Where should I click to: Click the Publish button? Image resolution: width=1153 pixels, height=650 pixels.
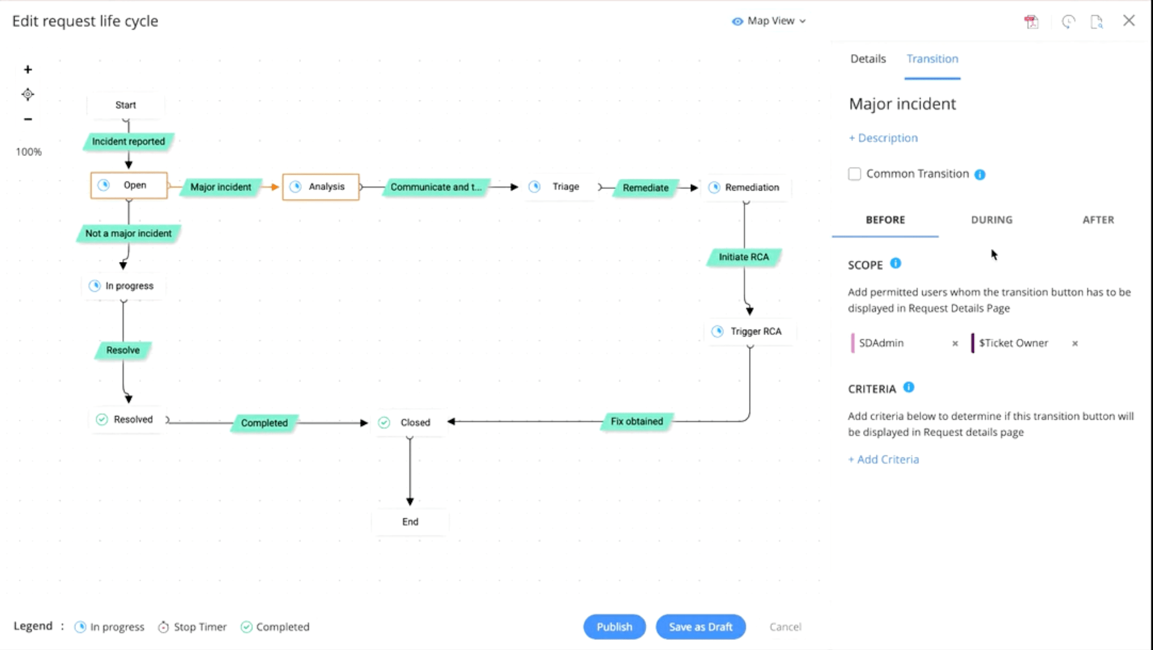click(614, 627)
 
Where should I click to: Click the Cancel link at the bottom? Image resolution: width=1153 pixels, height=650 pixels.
click(785, 627)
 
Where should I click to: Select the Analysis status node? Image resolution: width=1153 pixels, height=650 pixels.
click(321, 187)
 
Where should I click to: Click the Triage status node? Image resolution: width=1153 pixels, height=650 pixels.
click(559, 187)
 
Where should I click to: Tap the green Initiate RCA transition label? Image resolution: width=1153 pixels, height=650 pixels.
click(744, 257)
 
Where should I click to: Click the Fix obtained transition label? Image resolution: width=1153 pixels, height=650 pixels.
click(637, 421)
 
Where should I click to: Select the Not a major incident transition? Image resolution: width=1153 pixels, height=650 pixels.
click(128, 233)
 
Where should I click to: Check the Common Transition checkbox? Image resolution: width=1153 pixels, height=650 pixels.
click(855, 174)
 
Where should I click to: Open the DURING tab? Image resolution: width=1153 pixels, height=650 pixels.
click(991, 220)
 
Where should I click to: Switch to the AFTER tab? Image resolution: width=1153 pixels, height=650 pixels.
click(1098, 220)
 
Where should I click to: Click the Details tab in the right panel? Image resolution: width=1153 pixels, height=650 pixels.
click(868, 59)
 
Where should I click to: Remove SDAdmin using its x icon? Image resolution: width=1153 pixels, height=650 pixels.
click(955, 343)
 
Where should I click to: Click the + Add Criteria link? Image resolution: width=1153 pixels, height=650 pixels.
click(883, 459)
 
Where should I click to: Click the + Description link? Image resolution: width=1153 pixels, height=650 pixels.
click(883, 138)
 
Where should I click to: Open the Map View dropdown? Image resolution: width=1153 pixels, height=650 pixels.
click(769, 21)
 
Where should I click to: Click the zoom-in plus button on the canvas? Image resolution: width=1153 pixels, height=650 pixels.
click(28, 70)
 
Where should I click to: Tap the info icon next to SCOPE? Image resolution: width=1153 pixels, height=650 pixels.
click(895, 263)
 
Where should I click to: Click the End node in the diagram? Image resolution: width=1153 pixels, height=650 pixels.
click(410, 522)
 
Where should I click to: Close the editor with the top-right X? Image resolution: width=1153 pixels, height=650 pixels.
click(1129, 20)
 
